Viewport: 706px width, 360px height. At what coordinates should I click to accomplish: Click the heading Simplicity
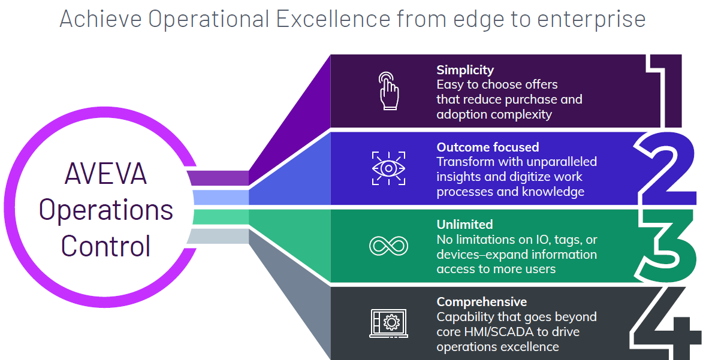465,70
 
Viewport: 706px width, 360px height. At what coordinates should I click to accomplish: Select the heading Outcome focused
488,147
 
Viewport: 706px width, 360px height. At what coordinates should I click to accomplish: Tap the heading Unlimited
464,224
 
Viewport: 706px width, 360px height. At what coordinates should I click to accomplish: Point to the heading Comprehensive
481,302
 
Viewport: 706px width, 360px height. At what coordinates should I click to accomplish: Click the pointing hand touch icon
388,91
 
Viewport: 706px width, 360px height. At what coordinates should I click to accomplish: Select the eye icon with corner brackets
388,168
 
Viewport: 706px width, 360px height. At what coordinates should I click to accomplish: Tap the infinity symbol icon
388,246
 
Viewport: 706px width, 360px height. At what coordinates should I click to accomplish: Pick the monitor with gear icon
388,323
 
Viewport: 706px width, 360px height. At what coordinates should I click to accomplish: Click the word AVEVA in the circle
106,174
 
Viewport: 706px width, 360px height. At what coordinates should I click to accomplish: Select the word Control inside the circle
106,246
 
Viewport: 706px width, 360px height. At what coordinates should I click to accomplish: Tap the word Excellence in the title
333,19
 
